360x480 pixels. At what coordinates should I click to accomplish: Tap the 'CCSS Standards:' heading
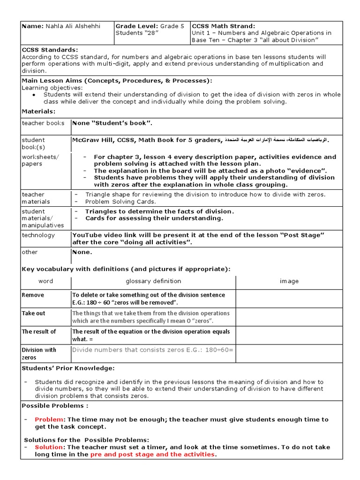pyautogui.click(x=50, y=50)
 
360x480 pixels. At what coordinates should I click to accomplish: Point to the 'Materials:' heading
pyautogui.click(x=38, y=111)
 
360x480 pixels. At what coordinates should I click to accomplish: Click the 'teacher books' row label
pyautogui.click(x=43, y=123)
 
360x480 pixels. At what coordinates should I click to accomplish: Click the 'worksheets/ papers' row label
pyautogui.click(x=40, y=160)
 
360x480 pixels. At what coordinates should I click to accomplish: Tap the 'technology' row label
pyautogui.click(x=38, y=235)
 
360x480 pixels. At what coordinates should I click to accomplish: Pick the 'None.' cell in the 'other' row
pyautogui.click(x=82, y=252)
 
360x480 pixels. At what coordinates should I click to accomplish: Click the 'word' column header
pyautogui.click(x=45, y=281)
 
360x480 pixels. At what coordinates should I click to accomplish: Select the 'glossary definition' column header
pyautogui.click(x=153, y=281)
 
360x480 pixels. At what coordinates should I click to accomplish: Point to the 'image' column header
pyautogui.click(x=289, y=281)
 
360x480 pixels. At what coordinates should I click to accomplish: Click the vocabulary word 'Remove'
pyautogui.click(x=33, y=295)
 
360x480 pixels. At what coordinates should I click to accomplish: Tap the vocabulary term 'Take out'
pyautogui.click(x=34, y=313)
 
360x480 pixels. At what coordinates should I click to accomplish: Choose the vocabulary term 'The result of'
pyautogui.click(x=39, y=331)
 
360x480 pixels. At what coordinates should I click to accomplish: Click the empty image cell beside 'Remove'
pyautogui.click(x=289, y=299)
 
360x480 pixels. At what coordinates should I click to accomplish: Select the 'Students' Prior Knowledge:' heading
pyautogui.click(x=68, y=368)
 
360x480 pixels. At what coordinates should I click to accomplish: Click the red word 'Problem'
pyautogui.click(x=49, y=420)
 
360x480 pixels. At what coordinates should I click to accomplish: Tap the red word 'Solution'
pyautogui.click(x=48, y=447)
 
